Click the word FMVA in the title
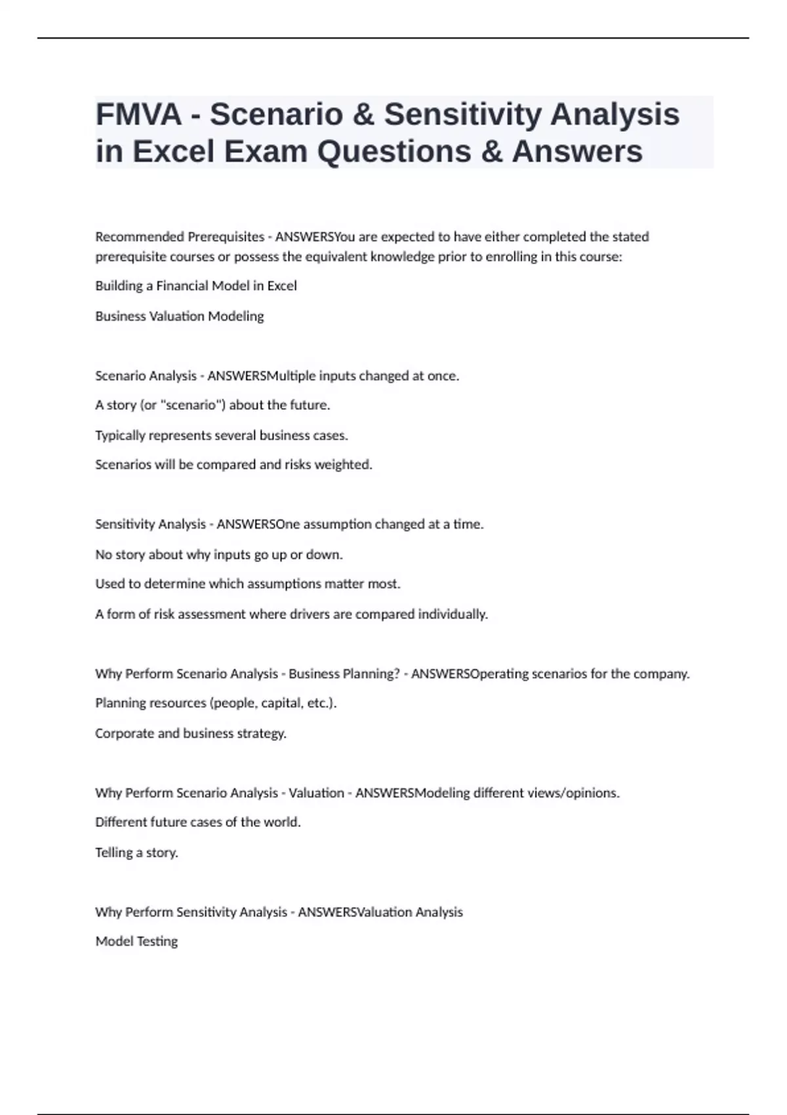(138, 115)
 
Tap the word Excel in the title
(174, 152)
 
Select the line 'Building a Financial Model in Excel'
(196, 286)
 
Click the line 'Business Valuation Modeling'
(180, 316)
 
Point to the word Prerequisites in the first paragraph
(226, 237)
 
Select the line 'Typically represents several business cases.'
(222, 436)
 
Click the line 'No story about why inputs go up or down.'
(219, 555)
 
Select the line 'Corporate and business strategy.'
(191, 733)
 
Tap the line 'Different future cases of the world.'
(198, 822)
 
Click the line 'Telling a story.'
(136, 853)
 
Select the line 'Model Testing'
(136, 942)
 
